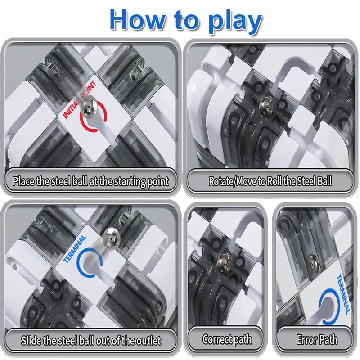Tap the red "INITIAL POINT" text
[79, 99]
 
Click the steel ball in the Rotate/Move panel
[266, 105]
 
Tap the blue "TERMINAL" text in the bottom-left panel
[75, 249]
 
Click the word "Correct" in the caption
[216, 339]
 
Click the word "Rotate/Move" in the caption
[233, 181]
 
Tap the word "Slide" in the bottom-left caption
[31, 340]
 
